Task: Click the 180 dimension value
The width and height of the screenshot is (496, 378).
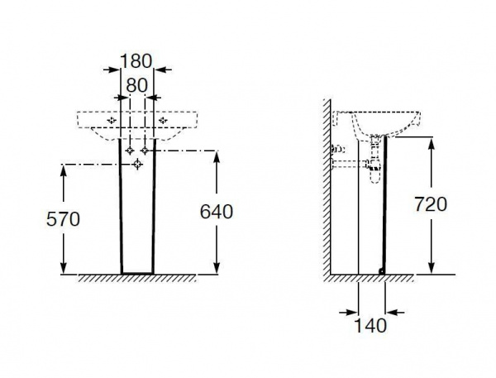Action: click(x=136, y=61)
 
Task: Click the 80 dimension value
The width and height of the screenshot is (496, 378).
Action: click(x=136, y=85)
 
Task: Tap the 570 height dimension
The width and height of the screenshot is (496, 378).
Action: click(x=63, y=219)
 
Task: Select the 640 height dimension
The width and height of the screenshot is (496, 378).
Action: click(x=217, y=212)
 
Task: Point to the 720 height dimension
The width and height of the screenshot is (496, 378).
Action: click(x=431, y=204)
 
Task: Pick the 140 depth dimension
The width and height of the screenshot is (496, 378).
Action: click(x=370, y=325)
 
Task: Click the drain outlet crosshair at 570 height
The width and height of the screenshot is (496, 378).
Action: click(x=137, y=165)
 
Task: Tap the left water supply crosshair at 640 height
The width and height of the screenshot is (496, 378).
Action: click(x=130, y=151)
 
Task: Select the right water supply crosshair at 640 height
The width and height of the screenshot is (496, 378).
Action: click(x=145, y=151)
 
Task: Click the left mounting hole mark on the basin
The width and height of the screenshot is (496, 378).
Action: click(x=112, y=120)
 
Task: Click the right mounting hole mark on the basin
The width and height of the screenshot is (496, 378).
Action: click(x=163, y=120)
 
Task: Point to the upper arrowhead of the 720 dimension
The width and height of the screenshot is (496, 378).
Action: click(x=432, y=143)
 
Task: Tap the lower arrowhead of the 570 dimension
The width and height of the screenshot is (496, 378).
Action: click(x=64, y=267)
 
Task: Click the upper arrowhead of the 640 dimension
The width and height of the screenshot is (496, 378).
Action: click(x=217, y=157)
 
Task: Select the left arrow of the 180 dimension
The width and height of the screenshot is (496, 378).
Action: click(x=112, y=69)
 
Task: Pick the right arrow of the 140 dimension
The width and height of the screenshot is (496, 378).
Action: click(x=395, y=313)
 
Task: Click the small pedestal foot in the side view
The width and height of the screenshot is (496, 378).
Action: click(x=382, y=271)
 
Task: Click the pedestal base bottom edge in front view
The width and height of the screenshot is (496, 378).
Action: click(x=137, y=273)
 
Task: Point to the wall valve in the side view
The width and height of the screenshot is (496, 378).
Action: click(x=337, y=149)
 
